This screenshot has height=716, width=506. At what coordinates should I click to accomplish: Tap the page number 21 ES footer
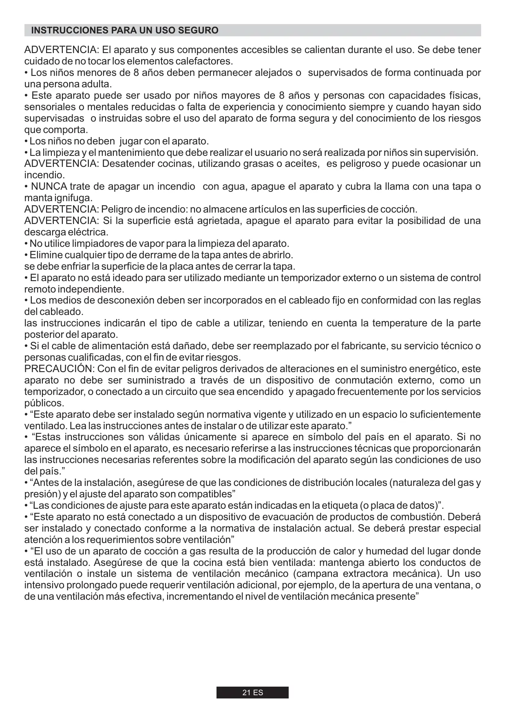tap(252, 692)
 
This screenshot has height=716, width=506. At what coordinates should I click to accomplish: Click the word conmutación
tap(363, 381)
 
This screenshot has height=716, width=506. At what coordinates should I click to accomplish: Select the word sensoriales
tap(45, 107)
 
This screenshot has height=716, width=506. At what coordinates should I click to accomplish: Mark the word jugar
tap(130, 142)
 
